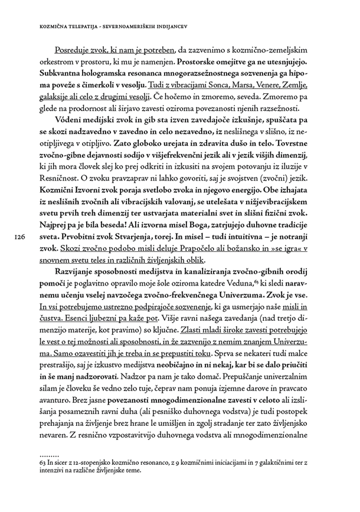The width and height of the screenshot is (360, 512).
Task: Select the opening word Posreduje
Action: pos(73,51)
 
